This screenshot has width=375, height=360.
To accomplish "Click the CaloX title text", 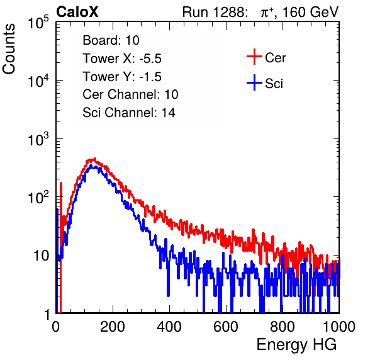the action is [x=77, y=12].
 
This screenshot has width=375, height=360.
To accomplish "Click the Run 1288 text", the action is [x=214, y=12].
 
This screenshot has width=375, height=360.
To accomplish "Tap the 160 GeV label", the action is [x=311, y=12].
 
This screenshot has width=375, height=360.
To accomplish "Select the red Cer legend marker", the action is [x=254, y=57].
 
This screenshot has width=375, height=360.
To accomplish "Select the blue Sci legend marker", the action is [x=254, y=82].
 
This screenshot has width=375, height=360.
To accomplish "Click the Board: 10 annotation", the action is [x=111, y=40].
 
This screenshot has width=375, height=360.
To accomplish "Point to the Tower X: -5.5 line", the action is [x=122, y=59].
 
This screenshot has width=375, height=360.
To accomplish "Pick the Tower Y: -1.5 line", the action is [x=122, y=77].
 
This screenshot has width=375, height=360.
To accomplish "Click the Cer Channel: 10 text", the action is [x=130, y=94].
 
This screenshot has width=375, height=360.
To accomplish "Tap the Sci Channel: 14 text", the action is [x=129, y=113].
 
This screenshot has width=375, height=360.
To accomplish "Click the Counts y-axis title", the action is [x=9, y=49].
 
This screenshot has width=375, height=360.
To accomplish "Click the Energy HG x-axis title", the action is [x=296, y=345].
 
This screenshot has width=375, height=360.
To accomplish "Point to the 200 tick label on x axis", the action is [x=113, y=327].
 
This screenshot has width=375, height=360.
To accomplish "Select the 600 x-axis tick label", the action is [x=226, y=327].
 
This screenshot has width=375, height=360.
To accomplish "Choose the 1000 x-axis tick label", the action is [x=339, y=327].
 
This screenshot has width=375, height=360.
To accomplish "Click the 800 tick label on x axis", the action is [x=283, y=327].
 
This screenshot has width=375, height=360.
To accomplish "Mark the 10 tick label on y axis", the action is [x=41, y=256].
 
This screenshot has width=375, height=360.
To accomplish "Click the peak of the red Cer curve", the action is [x=95, y=159].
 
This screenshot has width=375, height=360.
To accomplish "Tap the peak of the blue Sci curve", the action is [x=91, y=166].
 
